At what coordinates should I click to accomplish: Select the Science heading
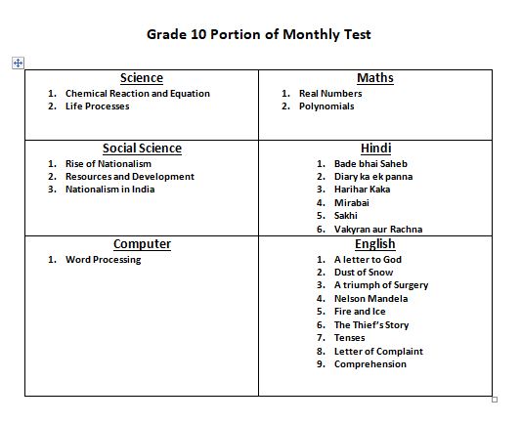(x=142, y=78)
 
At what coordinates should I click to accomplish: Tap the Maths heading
(x=375, y=78)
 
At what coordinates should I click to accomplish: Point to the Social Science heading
(x=142, y=148)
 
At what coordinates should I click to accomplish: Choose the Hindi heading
(x=375, y=148)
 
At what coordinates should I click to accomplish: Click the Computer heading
(x=142, y=244)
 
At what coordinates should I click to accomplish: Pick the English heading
(x=375, y=244)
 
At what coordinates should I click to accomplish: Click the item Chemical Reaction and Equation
(x=137, y=94)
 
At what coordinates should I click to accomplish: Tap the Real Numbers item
(x=329, y=94)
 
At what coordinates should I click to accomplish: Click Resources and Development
(x=129, y=177)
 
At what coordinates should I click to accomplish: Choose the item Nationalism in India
(x=109, y=190)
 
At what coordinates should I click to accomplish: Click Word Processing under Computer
(x=103, y=260)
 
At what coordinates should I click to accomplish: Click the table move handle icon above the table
(x=17, y=63)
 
